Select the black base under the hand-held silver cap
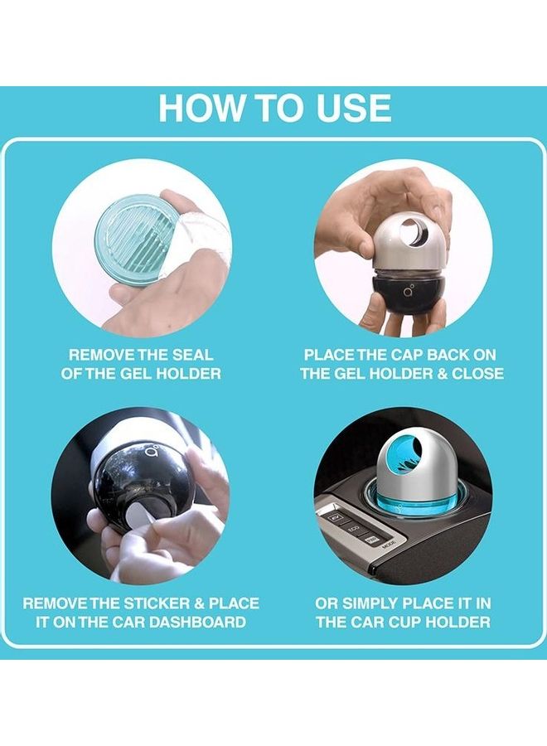coord(409,298)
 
